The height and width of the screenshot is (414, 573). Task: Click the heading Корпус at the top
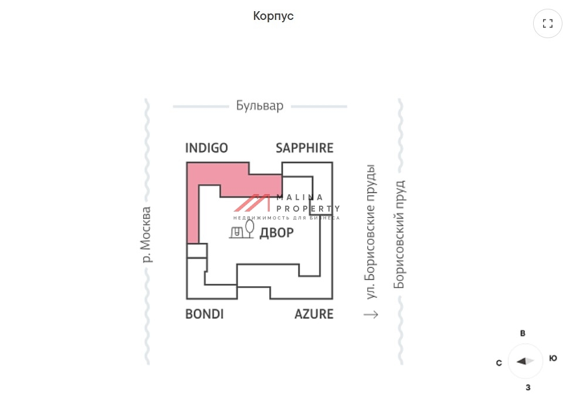[x=273, y=16]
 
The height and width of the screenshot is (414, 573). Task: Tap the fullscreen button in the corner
[x=548, y=23]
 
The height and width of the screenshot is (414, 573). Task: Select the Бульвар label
[x=260, y=106]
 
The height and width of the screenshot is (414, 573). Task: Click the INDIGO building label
[x=206, y=148]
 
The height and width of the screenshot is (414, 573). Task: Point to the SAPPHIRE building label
[x=304, y=148]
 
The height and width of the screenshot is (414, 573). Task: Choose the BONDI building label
[x=204, y=314]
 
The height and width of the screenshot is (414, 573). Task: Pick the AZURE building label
[x=314, y=314]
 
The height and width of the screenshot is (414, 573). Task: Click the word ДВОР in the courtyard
[x=276, y=233]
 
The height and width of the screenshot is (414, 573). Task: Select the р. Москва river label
[x=147, y=235]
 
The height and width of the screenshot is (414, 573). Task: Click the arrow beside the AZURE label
[x=371, y=315]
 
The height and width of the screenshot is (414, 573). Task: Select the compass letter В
[x=523, y=333]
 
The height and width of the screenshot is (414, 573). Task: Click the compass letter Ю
[x=553, y=358]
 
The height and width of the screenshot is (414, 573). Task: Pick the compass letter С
[x=499, y=363]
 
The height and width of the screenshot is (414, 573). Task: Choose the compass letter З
[x=528, y=387]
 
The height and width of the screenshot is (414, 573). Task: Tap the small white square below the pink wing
[x=196, y=250]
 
